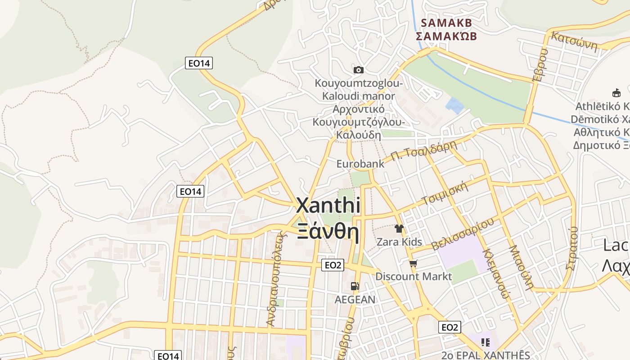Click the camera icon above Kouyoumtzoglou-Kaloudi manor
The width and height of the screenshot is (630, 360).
(x=358, y=70)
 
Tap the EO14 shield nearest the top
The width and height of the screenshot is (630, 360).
(x=198, y=63)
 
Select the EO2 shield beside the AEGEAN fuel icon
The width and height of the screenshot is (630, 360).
(x=333, y=265)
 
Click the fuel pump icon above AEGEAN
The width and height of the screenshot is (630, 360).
(x=355, y=286)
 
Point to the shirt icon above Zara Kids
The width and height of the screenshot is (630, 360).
(x=399, y=229)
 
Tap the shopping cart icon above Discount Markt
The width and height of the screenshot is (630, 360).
(x=413, y=263)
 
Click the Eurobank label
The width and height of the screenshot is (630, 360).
(x=360, y=164)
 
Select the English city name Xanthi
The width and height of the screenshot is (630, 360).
(x=328, y=206)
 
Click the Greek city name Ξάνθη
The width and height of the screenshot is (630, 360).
(x=328, y=232)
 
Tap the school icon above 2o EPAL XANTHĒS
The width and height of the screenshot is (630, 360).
(x=485, y=342)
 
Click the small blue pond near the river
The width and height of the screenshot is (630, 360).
(x=454, y=106)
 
